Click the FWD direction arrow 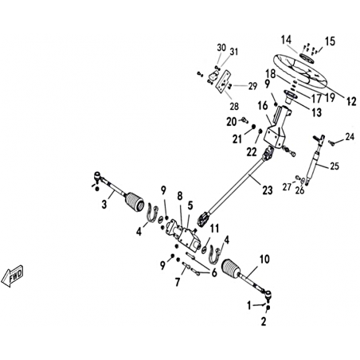[x=12, y=276]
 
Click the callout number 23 [x=268, y=190]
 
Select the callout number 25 [x=335, y=166]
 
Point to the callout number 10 [x=264, y=259]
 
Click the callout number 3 [x=104, y=205]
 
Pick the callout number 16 [x=263, y=106]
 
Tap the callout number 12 [x=351, y=101]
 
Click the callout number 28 [x=234, y=107]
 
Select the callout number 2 [x=264, y=322]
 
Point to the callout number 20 [x=232, y=122]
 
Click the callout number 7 [x=178, y=282]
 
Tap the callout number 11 [x=214, y=228]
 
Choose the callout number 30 [x=221, y=48]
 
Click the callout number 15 [x=330, y=41]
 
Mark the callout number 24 [x=350, y=137]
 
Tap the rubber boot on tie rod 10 [x=230, y=268]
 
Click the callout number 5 [x=190, y=205]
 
